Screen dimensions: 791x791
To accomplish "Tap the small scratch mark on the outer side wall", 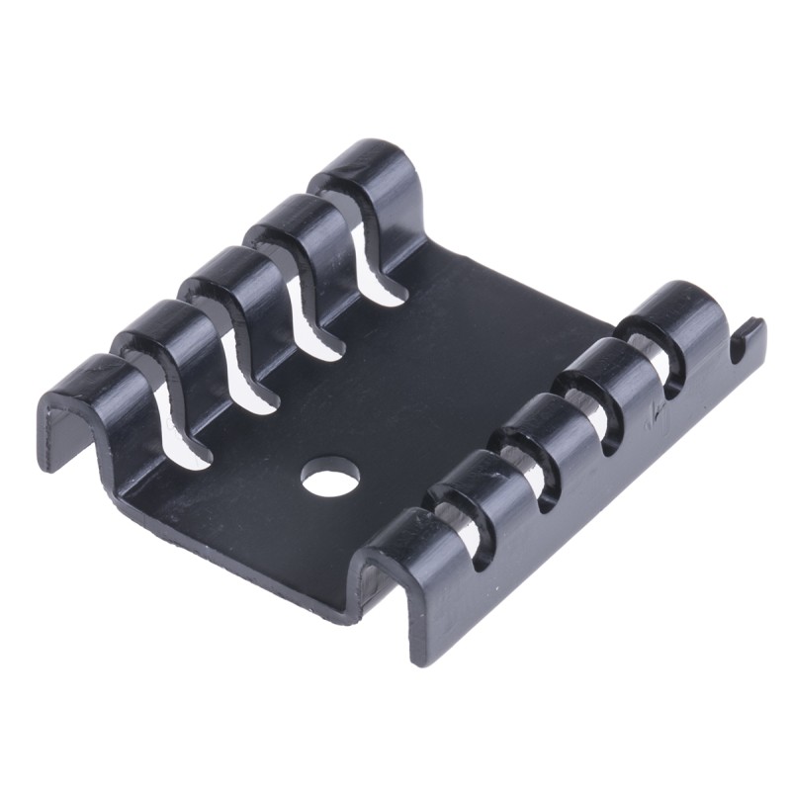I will tap(653, 413).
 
